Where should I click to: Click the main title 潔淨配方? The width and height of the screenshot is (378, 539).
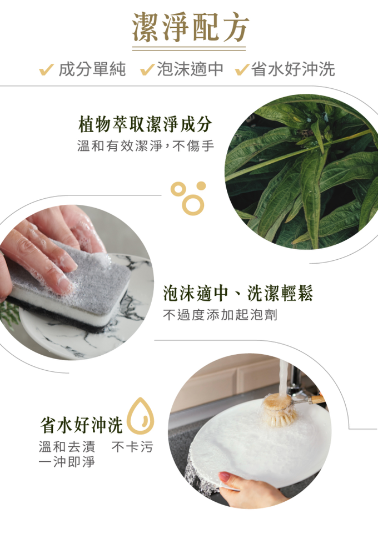(190, 27)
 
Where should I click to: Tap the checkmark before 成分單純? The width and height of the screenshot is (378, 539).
(47, 70)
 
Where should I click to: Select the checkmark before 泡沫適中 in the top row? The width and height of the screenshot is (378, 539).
(147, 70)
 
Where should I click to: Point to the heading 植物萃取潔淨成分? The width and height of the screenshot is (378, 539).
(145, 124)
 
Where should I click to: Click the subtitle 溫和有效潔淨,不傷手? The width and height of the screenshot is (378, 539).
(146, 146)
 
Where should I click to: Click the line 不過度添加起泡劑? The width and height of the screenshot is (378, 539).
(220, 315)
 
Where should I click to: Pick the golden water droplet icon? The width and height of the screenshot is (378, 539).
(141, 416)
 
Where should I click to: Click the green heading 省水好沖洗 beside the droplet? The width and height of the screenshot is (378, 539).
(81, 425)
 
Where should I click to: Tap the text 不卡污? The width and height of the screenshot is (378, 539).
(132, 447)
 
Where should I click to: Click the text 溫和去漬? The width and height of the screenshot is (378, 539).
(67, 447)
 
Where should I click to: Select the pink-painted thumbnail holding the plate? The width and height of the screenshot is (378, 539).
(225, 476)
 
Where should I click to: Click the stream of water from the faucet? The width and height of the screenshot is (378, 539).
(283, 376)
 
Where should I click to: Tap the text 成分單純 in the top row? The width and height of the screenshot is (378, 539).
(92, 69)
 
